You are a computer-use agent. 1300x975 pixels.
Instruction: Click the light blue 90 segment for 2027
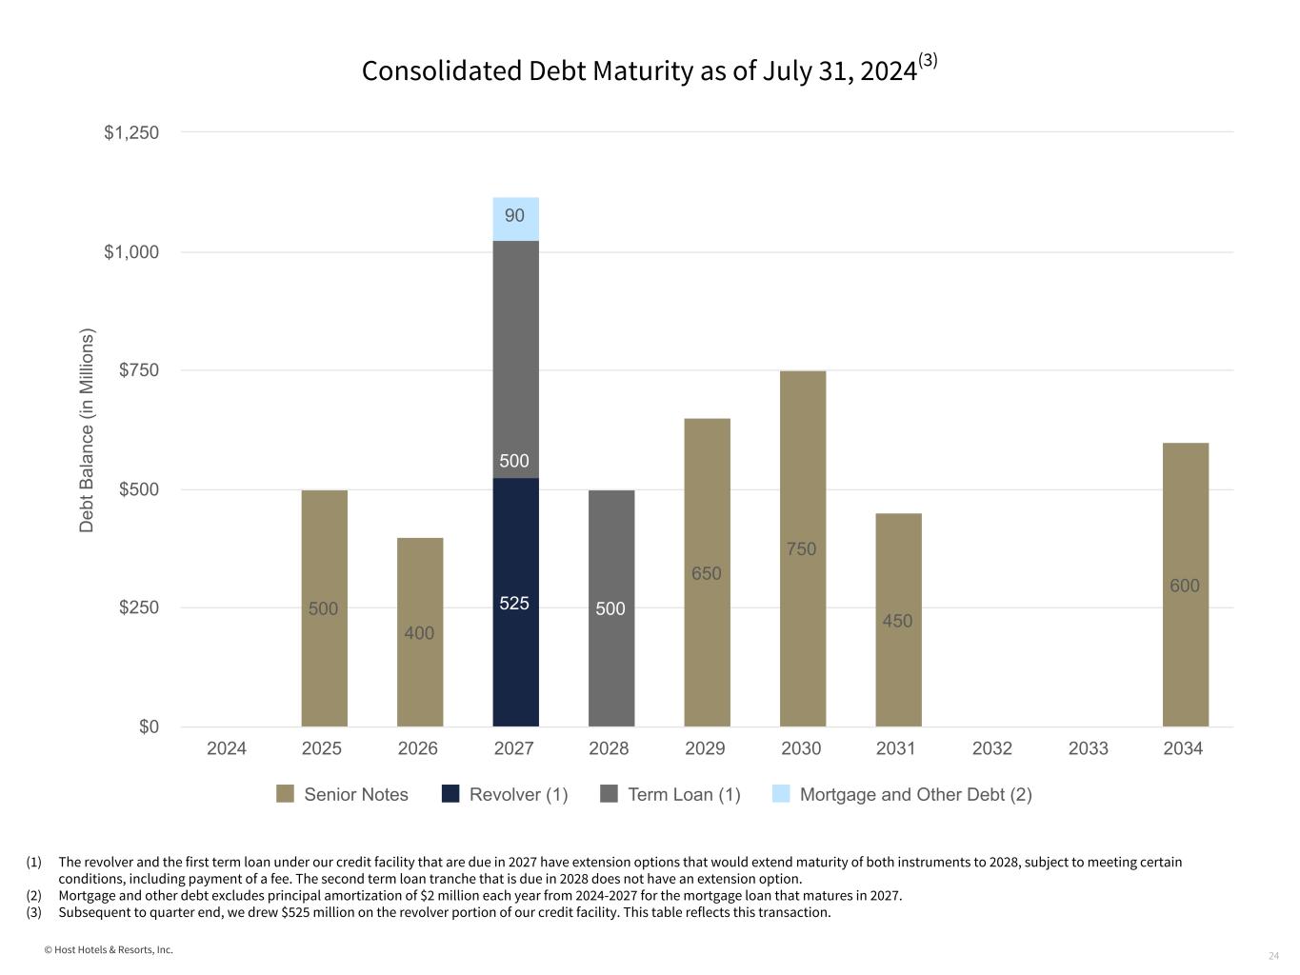coord(515,219)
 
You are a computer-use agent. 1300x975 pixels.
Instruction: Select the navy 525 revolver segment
coord(515,602)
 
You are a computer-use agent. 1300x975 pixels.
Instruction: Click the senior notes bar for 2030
coord(802,548)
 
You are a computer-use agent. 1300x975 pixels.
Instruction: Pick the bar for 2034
coord(1185,585)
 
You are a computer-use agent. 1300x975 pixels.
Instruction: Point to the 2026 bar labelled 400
coord(420,632)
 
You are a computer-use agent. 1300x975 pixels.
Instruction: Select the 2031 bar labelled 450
coord(898,620)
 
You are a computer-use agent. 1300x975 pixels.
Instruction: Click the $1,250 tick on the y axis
coord(131,133)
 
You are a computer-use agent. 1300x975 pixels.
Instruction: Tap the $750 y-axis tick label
coord(139,370)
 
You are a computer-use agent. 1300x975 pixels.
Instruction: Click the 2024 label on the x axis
coord(227,748)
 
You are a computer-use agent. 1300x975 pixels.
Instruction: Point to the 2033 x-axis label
coord(1088,748)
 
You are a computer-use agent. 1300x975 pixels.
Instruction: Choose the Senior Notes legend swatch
coord(285,794)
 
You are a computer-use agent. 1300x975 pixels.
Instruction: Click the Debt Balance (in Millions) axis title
coord(87,430)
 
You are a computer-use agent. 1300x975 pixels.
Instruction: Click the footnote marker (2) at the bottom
coord(34,895)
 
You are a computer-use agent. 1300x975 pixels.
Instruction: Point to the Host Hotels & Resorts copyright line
coord(109,949)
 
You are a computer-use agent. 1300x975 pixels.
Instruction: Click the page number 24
coord(1273,955)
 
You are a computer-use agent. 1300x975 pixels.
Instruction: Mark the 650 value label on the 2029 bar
coord(707,573)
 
